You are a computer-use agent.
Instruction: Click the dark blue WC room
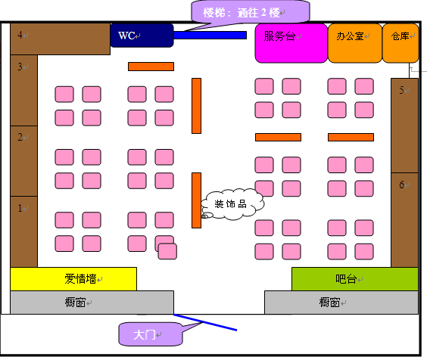click(x=142, y=36)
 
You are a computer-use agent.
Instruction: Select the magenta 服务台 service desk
click(x=291, y=43)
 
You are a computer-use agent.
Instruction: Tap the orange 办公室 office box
click(x=355, y=43)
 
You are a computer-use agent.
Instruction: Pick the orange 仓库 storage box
click(x=401, y=43)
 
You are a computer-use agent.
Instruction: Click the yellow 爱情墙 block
click(x=73, y=279)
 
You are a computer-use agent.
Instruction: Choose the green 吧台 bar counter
click(x=355, y=279)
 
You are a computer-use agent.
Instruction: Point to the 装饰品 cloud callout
click(x=232, y=204)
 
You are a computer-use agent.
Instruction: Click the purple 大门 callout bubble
click(x=151, y=334)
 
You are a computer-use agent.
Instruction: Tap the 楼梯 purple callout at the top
click(x=251, y=11)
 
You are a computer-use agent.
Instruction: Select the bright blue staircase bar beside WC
click(x=210, y=35)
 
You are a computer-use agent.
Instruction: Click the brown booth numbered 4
click(x=60, y=39)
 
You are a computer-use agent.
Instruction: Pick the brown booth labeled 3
click(x=23, y=90)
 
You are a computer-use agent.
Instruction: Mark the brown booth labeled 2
click(x=23, y=161)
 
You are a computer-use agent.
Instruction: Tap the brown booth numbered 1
click(x=23, y=231)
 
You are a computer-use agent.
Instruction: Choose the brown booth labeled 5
click(x=405, y=126)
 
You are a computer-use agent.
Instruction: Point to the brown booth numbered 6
click(x=405, y=220)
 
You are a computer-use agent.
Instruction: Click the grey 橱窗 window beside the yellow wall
click(x=92, y=303)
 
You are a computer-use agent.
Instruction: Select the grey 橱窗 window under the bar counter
click(x=341, y=303)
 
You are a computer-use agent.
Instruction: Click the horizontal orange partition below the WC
click(x=151, y=67)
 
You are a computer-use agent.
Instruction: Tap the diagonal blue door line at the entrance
click(x=205, y=322)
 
